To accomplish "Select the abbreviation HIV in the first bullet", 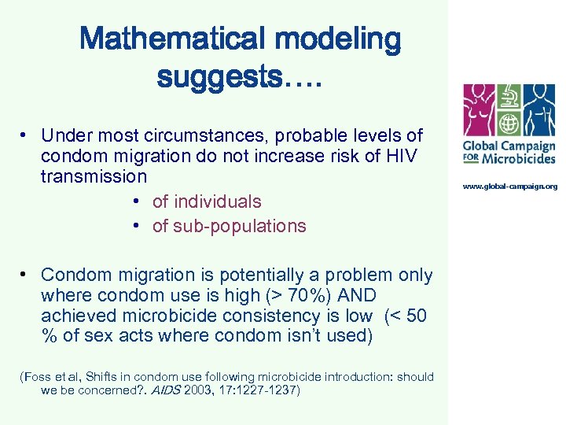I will tap(402, 156).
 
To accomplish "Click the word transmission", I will tap(94, 176).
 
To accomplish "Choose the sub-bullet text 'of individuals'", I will tap(207, 201).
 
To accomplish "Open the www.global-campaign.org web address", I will tap(509, 187).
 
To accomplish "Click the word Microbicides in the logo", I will tap(520, 157).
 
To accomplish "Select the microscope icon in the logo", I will tap(509, 96).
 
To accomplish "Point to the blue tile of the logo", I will tap(539, 111).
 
